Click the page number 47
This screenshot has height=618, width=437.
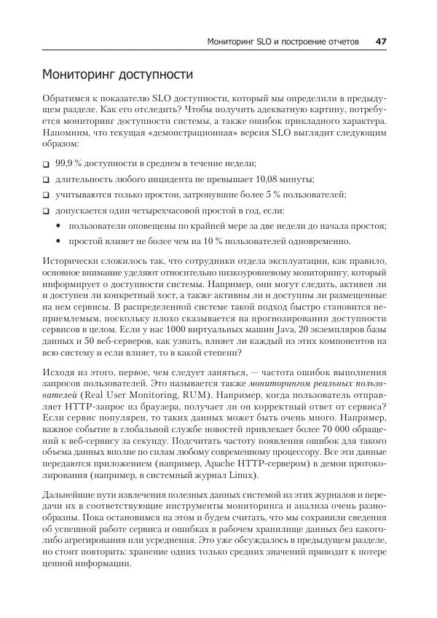point(380,42)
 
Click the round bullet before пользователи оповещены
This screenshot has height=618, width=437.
point(58,226)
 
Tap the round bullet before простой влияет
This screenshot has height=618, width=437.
point(58,241)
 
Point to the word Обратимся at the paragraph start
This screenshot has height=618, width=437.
point(68,97)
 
